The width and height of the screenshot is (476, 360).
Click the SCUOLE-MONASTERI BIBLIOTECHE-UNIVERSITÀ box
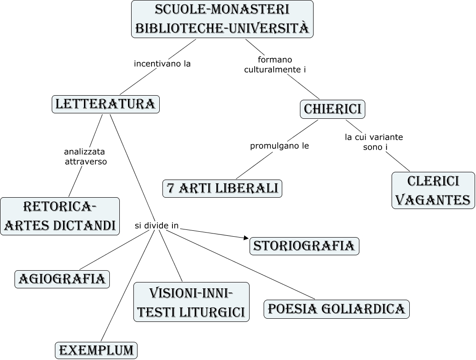[x=222, y=19]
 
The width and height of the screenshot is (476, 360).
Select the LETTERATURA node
[x=106, y=104]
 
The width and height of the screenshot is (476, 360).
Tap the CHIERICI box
[x=333, y=109]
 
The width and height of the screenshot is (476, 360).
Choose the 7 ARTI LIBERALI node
[x=222, y=189]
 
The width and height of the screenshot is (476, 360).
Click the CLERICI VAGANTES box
[x=433, y=190]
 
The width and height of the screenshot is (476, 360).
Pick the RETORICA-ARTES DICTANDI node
[x=60, y=216]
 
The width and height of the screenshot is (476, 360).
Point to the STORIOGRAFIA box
[x=304, y=246]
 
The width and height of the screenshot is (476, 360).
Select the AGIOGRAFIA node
[x=62, y=279]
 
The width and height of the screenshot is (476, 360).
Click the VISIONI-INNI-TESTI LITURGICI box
[x=191, y=302]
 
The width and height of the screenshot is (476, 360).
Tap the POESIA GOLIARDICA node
[x=336, y=309]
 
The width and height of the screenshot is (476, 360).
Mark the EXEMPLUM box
[x=96, y=350]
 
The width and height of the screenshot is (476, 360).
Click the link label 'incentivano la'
[x=162, y=64]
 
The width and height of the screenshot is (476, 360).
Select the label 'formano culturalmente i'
[x=275, y=64]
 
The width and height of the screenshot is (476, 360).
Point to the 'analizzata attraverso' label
[x=85, y=156]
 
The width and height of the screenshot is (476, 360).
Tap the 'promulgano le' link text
[x=280, y=146]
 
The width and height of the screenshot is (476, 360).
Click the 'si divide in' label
[x=157, y=225]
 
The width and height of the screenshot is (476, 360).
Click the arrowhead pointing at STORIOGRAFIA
[x=246, y=238]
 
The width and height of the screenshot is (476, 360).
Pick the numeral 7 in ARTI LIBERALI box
[x=171, y=189]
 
